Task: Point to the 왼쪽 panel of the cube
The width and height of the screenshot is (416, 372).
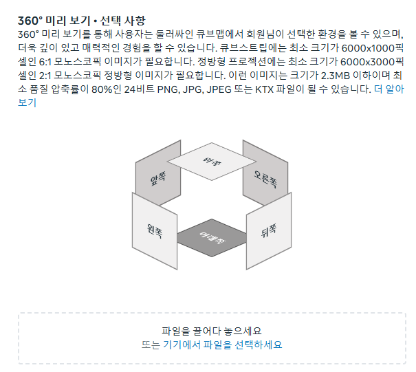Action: pyautogui.click(x=154, y=230)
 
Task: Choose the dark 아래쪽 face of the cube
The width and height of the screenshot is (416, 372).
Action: pyautogui.click(x=212, y=236)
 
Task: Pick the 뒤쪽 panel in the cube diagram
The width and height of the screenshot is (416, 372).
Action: pyautogui.click(x=269, y=231)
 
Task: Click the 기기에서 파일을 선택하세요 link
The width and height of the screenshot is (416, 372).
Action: pyautogui.click(x=222, y=344)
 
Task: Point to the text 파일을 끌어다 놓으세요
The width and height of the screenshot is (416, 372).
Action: pyautogui.click(x=212, y=331)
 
